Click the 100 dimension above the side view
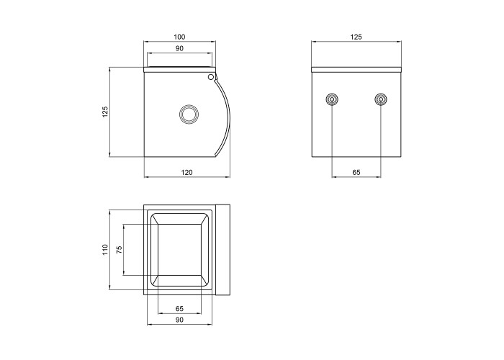pos(179,37)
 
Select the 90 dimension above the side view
pos(179,48)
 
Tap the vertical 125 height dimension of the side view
pos(105,112)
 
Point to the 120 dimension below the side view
pos(186,173)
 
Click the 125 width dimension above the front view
pos(356,37)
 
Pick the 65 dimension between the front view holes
pos(356,173)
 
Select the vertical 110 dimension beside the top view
pos(105,250)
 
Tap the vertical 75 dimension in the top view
pos(119,250)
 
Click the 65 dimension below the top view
pos(179,309)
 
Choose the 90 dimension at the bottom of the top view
pos(179,320)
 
